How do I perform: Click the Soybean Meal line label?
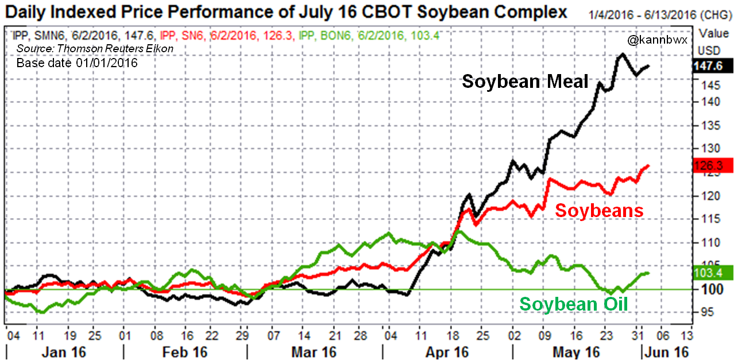click(526, 82)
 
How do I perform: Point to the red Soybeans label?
click(599, 211)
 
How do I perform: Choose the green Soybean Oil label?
click(573, 304)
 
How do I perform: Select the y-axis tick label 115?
click(708, 219)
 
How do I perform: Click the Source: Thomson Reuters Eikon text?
click(95, 49)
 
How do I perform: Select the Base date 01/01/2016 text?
click(77, 63)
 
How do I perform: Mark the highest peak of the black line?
click(621, 54)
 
